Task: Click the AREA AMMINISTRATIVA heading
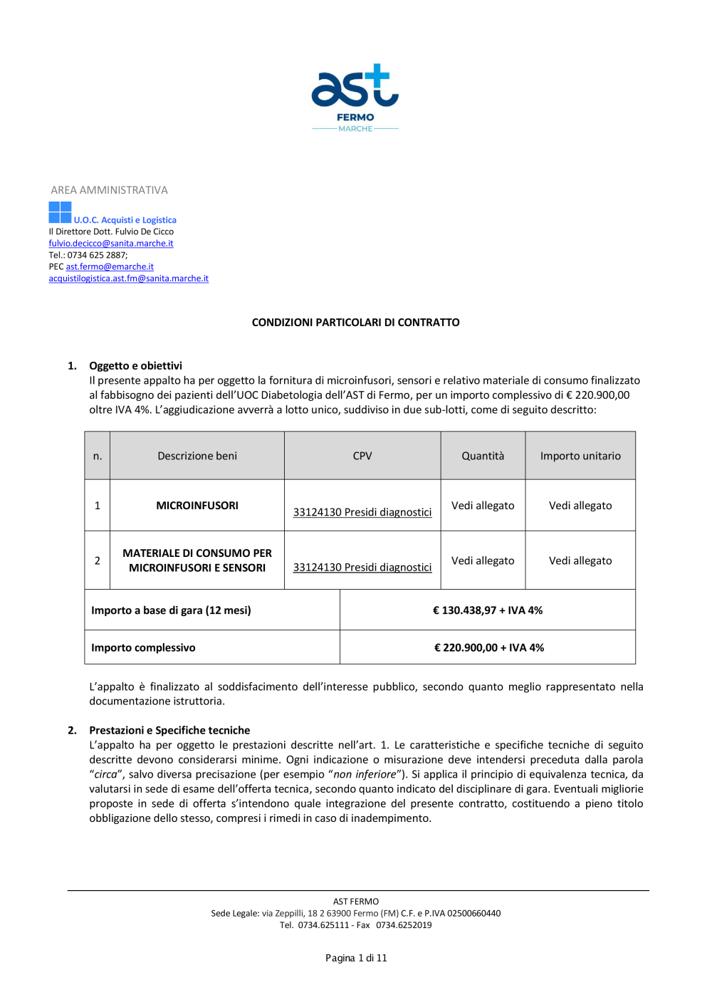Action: pyautogui.click(x=109, y=190)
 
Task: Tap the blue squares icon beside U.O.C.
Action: pyautogui.click(x=60, y=212)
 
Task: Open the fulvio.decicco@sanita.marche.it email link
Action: pyautogui.click(x=111, y=244)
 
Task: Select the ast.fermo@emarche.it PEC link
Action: pyautogui.click(x=110, y=267)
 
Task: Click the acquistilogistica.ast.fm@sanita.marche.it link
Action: pyautogui.click(x=128, y=278)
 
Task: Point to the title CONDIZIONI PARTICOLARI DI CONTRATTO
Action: pyautogui.click(x=355, y=323)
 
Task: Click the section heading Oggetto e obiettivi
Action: pyautogui.click(x=135, y=366)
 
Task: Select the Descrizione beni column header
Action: pyautogui.click(x=197, y=456)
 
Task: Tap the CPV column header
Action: pyautogui.click(x=362, y=456)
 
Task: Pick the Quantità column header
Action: pyautogui.click(x=483, y=456)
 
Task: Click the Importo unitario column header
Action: pyautogui.click(x=580, y=456)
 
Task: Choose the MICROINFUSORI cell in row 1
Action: pyautogui.click(x=197, y=506)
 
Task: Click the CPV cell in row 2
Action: pyautogui.click(x=362, y=567)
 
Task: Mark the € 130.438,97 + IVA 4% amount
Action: pyautogui.click(x=488, y=610)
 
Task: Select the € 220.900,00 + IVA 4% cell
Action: pyautogui.click(x=488, y=648)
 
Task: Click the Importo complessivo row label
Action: pyautogui.click(x=143, y=648)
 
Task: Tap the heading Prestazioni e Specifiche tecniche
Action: pyautogui.click(x=169, y=731)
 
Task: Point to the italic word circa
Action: pyautogui.click(x=106, y=775)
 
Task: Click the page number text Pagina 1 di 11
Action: pyautogui.click(x=356, y=959)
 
